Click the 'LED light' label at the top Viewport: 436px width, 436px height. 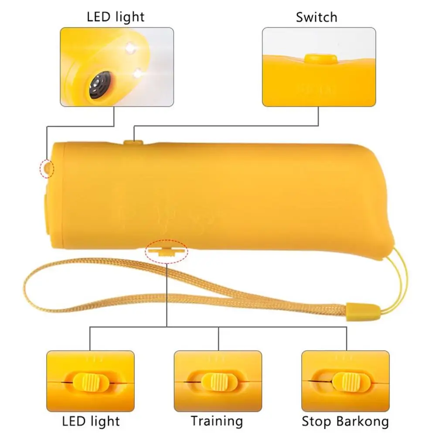[116, 17]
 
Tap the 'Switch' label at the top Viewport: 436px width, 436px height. [316, 17]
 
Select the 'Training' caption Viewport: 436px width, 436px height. [217, 421]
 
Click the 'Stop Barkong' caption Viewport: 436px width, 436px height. [345, 421]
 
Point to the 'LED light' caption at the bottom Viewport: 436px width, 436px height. [91, 421]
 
